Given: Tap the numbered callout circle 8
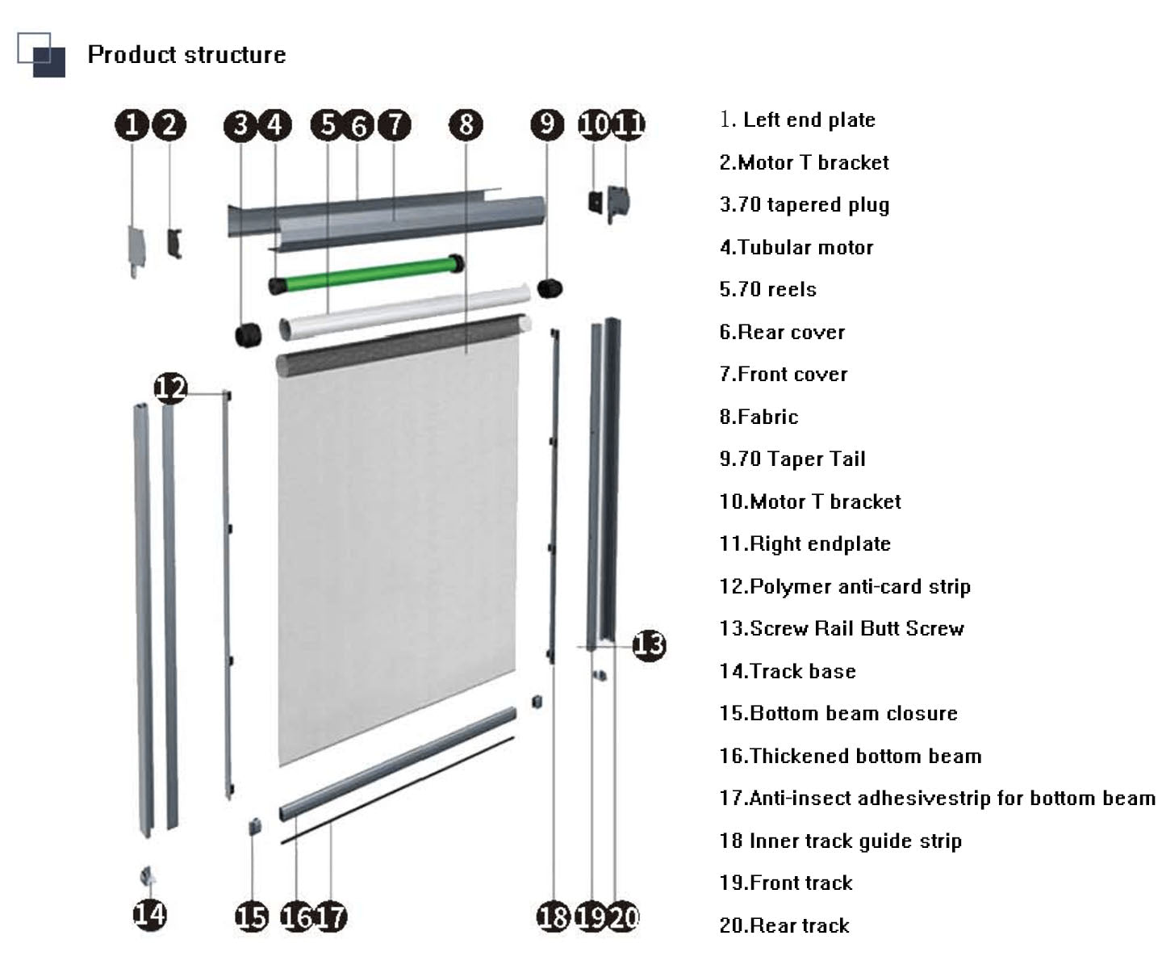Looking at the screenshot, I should [466, 124].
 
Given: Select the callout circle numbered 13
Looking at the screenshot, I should [649, 644].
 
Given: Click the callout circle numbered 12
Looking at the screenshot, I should [170, 388].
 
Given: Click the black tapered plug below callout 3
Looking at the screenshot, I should [248, 333].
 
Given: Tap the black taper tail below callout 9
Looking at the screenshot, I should [550, 287].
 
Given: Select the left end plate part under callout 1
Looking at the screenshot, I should [136, 248].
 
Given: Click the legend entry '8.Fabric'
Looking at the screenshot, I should [759, 417].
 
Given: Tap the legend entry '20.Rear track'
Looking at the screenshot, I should [784, 925].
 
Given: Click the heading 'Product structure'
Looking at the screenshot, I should [186, 54].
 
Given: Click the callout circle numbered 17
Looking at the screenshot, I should [330, 917].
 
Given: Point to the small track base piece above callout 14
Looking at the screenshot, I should [148, 875].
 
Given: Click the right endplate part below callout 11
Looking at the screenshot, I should [619, 202].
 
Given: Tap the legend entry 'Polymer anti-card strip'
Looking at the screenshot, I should [844, 586].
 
